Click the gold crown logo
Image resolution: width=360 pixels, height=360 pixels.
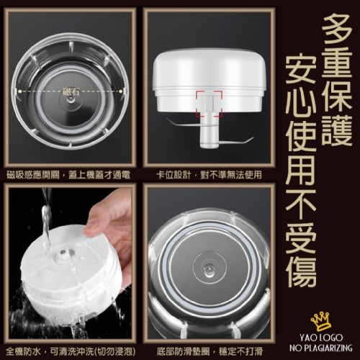321,321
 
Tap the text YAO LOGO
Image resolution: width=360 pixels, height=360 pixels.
321,338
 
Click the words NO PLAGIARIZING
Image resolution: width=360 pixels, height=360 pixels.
321,348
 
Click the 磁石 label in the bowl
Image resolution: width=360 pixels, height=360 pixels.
71,91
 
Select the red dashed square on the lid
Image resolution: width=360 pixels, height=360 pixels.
209,104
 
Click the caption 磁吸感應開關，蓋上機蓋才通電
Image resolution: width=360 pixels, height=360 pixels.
68,175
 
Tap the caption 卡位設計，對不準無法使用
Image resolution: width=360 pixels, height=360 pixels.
209,175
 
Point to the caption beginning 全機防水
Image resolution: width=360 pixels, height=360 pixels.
71,351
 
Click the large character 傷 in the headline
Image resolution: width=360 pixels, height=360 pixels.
302,272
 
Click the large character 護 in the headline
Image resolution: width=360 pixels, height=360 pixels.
337,130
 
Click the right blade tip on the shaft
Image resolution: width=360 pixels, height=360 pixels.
252,138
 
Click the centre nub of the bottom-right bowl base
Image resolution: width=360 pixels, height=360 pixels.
208,268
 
